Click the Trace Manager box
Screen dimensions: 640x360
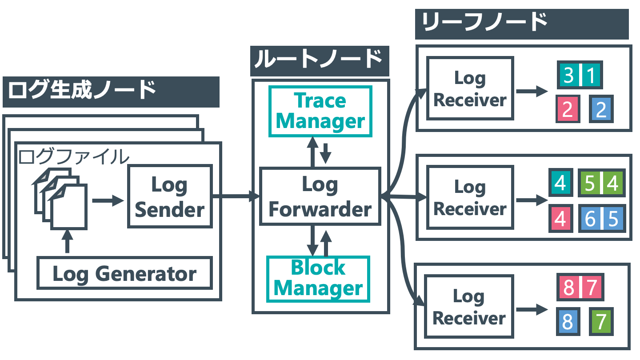pos(320,112)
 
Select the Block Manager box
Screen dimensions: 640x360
pos(318,279)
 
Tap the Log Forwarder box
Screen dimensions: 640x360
pos(320,196)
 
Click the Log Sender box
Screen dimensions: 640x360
pos(170,196)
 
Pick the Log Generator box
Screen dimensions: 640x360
pos(124,273)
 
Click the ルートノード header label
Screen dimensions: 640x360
pos(320,61)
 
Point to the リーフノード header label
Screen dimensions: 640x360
pos(522,24)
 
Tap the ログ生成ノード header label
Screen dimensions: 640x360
pos(111,92)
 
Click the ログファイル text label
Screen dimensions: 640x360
pos(74,156)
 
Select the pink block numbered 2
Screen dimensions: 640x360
pos(568,109)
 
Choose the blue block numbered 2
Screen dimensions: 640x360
pos(601,109)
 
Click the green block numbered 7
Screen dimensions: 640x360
pos(601,321)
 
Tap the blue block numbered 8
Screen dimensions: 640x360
pos(568,321)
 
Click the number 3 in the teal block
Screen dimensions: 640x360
pos(568,75)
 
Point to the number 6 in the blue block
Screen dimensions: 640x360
pos(590,219)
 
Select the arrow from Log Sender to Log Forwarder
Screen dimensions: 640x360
pos(236,196)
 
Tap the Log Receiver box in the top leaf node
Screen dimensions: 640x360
pos(470,88)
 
